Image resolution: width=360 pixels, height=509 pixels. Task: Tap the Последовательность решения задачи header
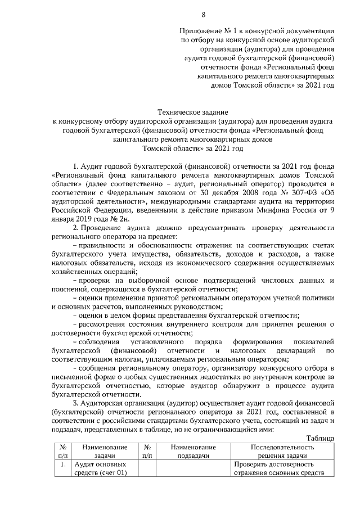tap(282, 451)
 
